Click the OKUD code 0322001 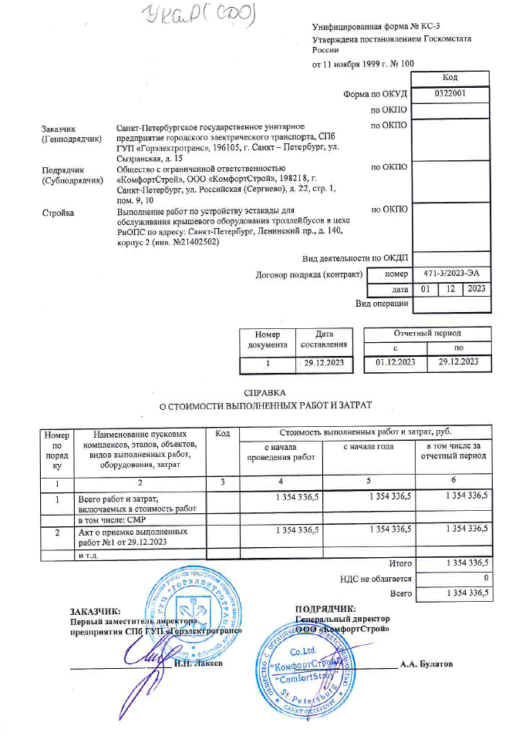[x=450, y=93]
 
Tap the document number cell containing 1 [x=268, y=361]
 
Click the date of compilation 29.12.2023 [x=324, y=361]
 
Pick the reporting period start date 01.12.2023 [x=395, y=361]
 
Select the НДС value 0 [x=486, y=579]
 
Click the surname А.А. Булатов [x=426, y=664]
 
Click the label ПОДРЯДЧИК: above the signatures [x=325, y=608]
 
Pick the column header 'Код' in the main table [x=223, y=436]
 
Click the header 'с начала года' [x=369, y=447]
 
